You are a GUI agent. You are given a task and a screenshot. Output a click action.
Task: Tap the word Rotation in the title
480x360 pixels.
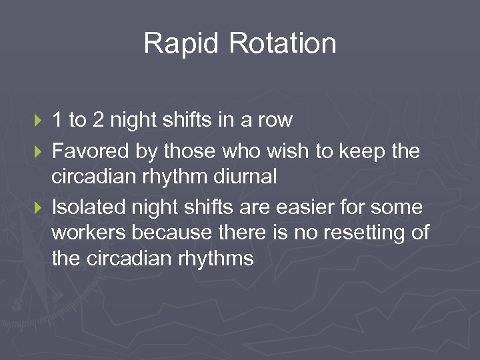pyautogui.click(x=283, y=44)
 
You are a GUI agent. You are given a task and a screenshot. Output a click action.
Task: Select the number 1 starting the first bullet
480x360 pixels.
pyautogui.click(x=57, y=120)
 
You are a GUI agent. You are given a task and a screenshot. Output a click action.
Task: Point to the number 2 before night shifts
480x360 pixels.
pyautogui.click(x=97, y=120)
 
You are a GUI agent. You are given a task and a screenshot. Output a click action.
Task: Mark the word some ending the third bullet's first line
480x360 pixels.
pyautogui.click(x=399, y=208)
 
